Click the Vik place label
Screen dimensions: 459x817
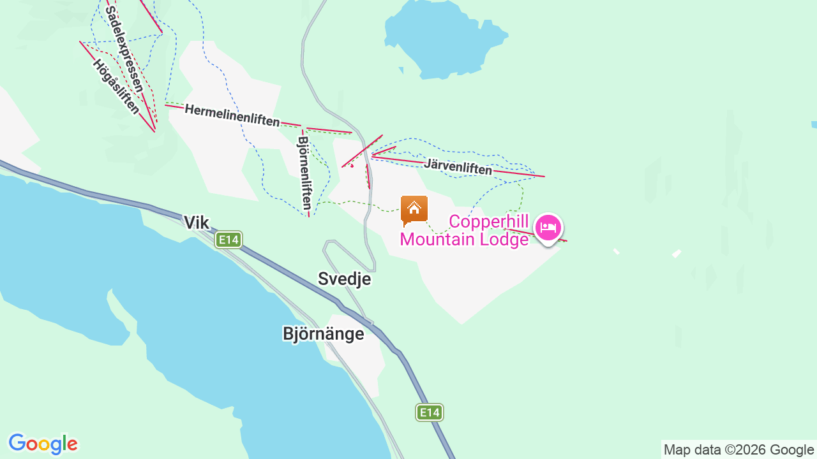pos(196,222)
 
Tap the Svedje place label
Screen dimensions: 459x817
pos(344,279)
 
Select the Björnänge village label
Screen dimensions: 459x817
pos(323,334)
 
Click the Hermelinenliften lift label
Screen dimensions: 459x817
pos(232,115)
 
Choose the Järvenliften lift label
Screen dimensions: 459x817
pos(458,167)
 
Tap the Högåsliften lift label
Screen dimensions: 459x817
pos(116,87)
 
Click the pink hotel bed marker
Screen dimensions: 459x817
pos(548,227)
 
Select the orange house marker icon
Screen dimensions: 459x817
pos(414,209)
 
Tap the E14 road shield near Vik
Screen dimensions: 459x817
pos(229,240)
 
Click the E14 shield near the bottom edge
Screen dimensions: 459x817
pos(430,412)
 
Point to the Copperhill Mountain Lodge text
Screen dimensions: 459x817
pos(464,230)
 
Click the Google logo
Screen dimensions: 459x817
pos(43,444)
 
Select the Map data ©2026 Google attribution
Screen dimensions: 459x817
pos(738,449)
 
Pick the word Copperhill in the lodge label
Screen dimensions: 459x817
pos(490,221)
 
